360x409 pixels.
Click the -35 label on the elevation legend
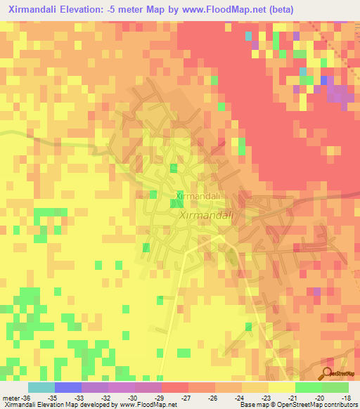click(53, 397)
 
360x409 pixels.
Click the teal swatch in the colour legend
click(41, 387)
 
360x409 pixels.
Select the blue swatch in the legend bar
click(68, 387)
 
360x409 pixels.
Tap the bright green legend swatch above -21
click(309, 387)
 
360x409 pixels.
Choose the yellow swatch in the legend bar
click(282, 387)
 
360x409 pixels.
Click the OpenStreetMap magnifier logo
click(327, 372)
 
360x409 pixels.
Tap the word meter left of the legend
click(12, 397)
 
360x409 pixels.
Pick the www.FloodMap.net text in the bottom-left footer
click(148, 405)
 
